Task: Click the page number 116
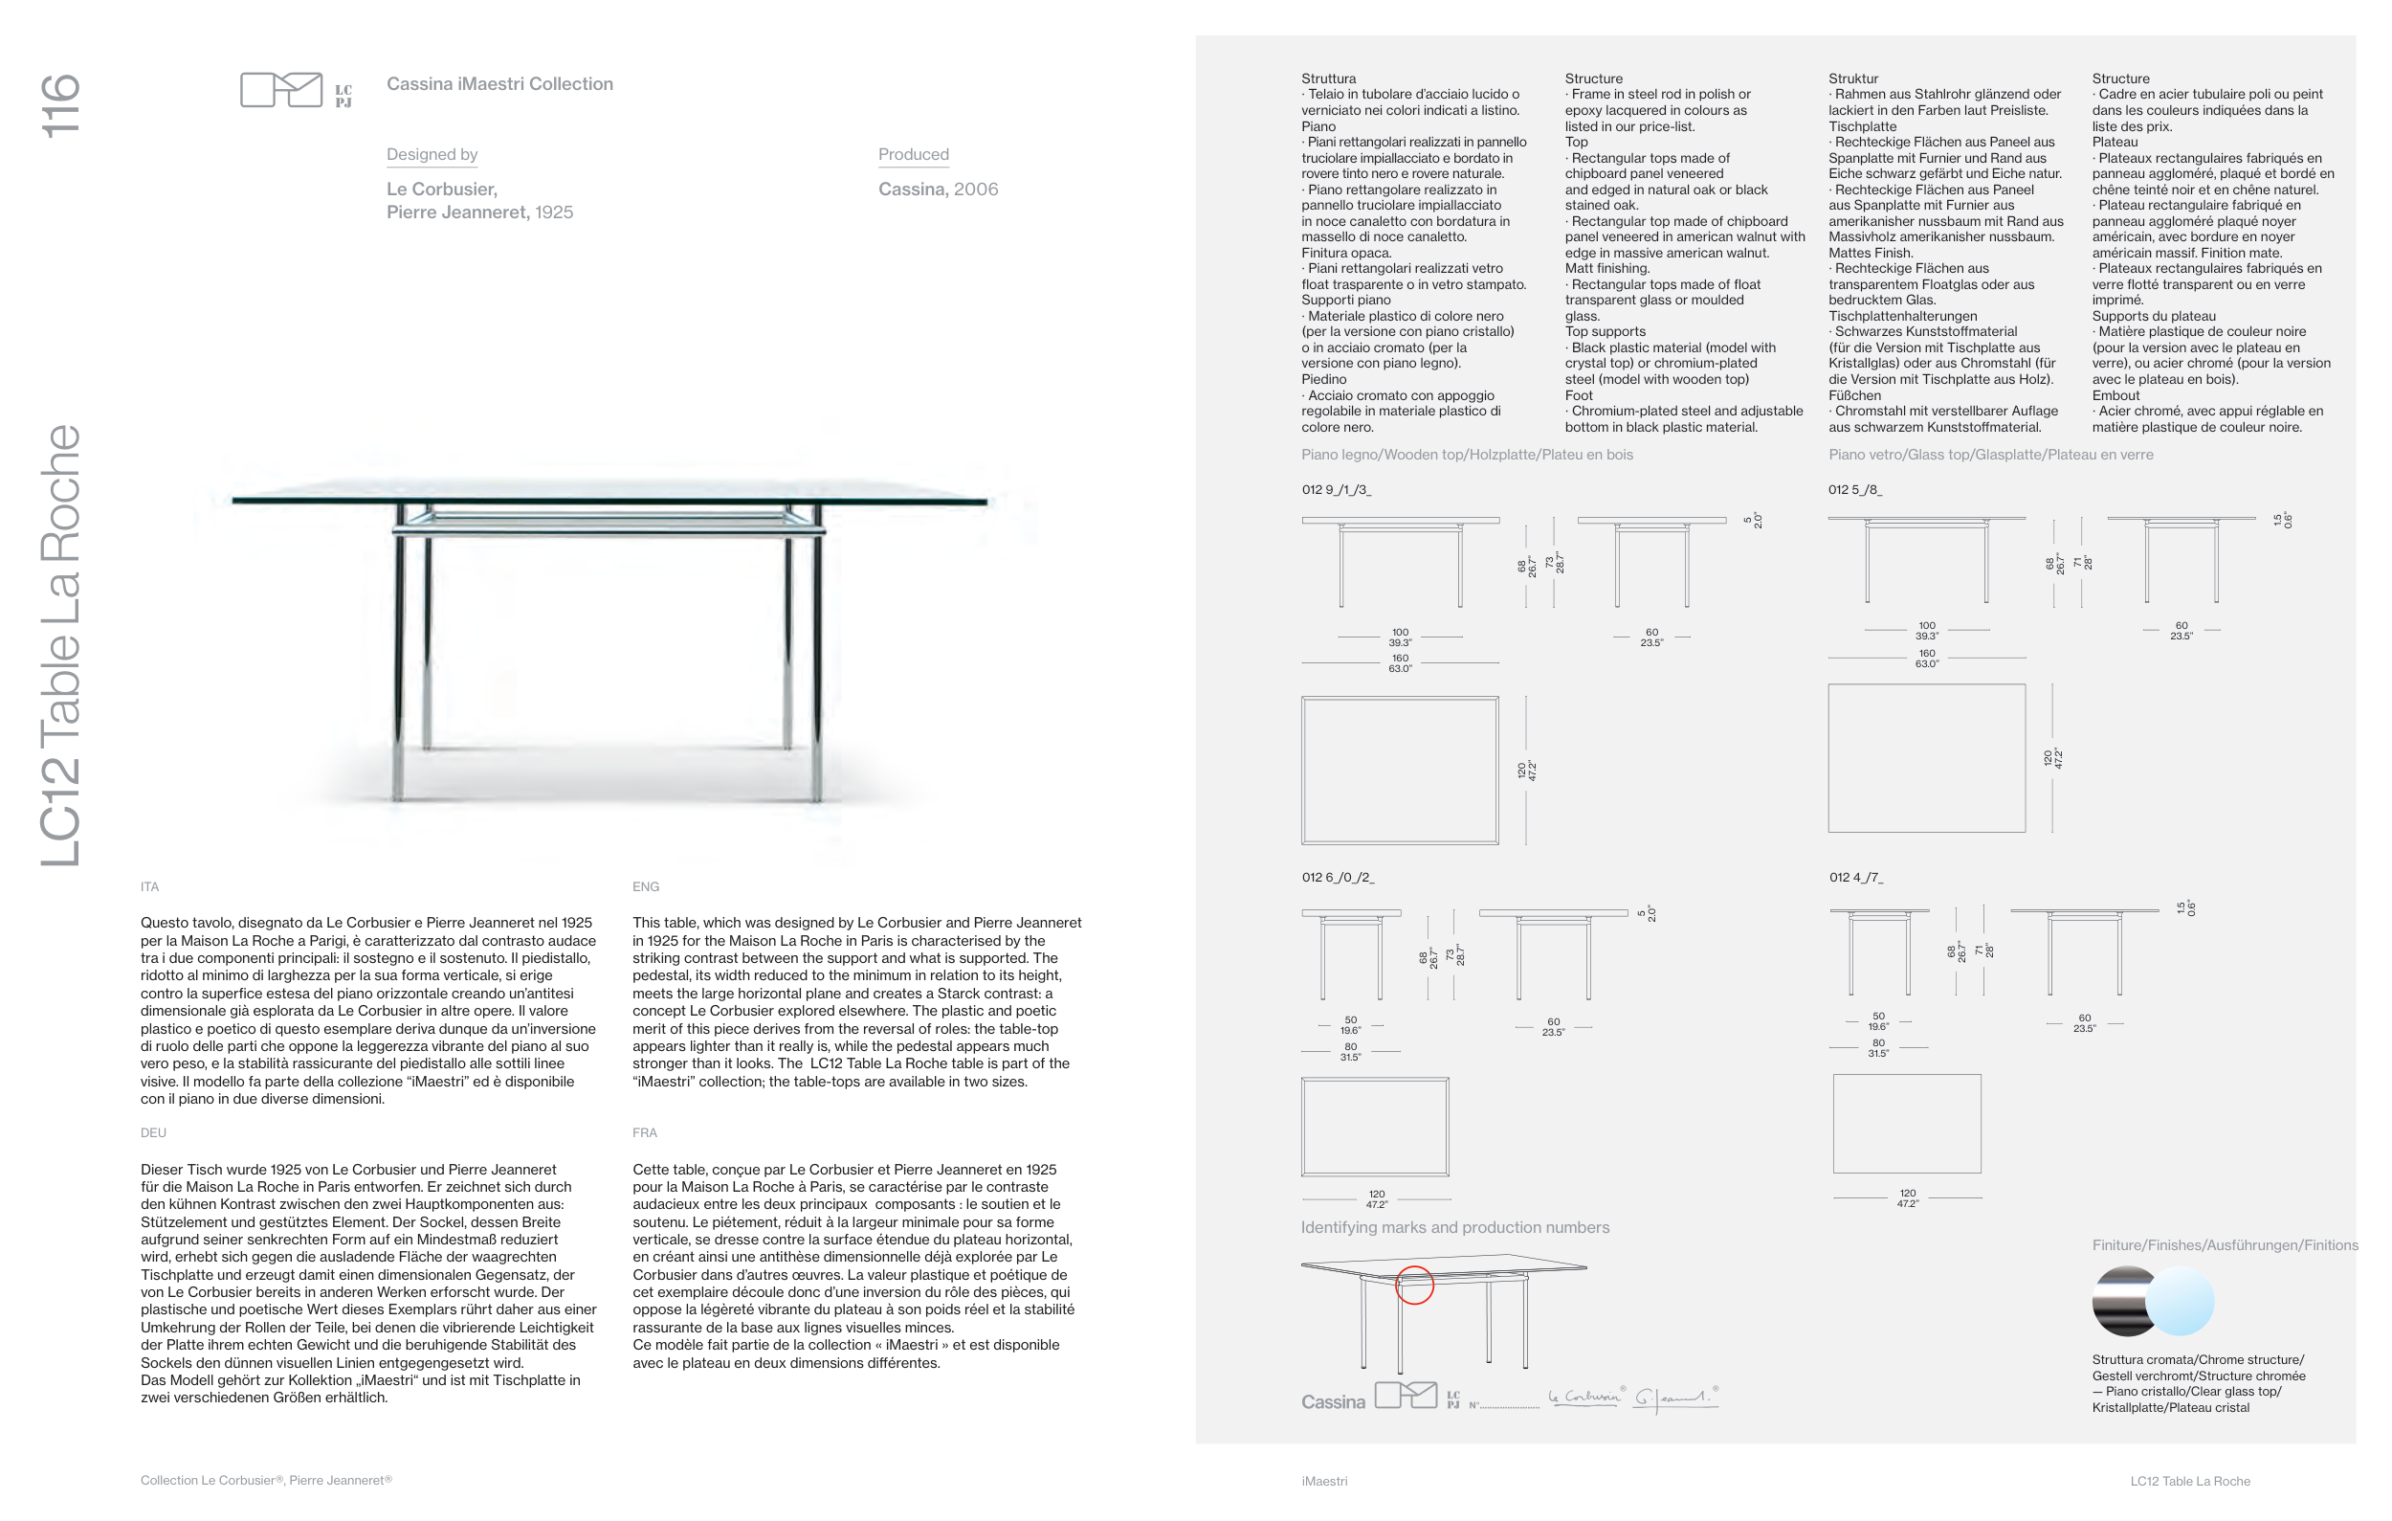coord(60,105)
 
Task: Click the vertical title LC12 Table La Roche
coord(60,646)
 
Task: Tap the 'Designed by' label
coord(432,154)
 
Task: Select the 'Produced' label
coord(913,154)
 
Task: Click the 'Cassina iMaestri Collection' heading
coord(499,84)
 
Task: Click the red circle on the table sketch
coord(1414,1285)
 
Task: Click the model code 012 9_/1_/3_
coord(1336,490)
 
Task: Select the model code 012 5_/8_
coord(1854,490)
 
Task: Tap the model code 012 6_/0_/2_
coord(1338,877)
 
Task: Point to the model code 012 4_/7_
coord(1855,877)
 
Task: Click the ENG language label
coord(646,887)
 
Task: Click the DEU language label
coord(153,1132)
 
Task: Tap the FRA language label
coord(645,1132)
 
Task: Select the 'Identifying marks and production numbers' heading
coord(1455,1228)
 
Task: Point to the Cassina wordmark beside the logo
coord(1333,1401)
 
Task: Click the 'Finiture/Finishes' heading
coord(2225,1246)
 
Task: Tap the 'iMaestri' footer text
coord(1324,1481)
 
